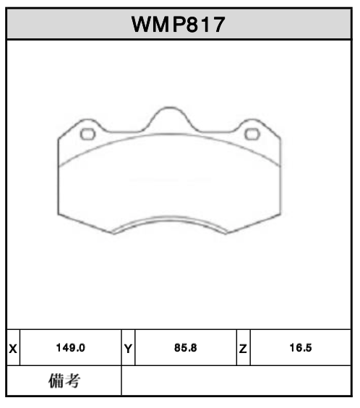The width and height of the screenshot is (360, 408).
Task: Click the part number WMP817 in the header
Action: point(179,25)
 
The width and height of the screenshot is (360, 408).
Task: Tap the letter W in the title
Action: point(142,25)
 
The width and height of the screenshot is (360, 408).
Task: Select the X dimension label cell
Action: point(13,348)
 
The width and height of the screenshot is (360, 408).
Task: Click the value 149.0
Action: point(71,348)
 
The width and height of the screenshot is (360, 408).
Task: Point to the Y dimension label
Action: point(128,348)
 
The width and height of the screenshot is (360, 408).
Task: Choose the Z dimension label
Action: point(244,348)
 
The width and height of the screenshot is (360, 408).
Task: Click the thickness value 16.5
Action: point(299,348)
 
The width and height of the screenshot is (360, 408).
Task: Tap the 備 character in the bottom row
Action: point(56,381)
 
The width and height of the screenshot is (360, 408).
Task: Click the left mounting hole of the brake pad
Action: point(87,134)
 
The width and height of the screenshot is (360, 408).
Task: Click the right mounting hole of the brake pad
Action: point(252,134)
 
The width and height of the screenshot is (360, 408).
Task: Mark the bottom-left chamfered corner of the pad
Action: point(83,224)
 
